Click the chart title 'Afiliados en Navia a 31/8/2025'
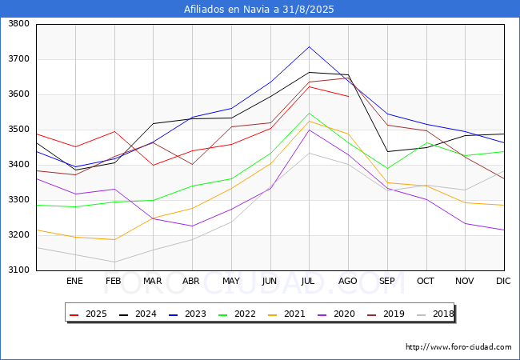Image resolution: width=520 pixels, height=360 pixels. pyautogui.click(x=258, y=10)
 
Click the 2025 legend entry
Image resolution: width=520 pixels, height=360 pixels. pyautogui.click(x=88, y=314)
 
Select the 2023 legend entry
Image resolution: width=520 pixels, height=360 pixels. pyautogui.click(x=187, y=314)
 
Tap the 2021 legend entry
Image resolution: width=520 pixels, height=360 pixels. pyautogui.click(x=286, y=314)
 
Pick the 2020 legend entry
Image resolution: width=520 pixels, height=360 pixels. pyautogui.click(x=336, y=314)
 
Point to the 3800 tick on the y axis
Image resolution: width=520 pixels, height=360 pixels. pyautogui.click(x=19, y=24)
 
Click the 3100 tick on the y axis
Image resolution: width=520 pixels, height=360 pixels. pyautogui.click(x=19, y=270)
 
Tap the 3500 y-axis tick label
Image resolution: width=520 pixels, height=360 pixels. pyautogui.click(x=19, y=130)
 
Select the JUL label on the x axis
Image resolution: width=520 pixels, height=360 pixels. pyautogui.click(x=308, y=281)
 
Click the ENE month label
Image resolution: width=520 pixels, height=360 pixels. pyautogui.click(x=74, y=281)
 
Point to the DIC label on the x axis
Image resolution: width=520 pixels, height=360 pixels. pyautogui.click(x=503, y=281)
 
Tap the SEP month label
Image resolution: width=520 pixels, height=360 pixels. pyautogui.click(x=386, y=281)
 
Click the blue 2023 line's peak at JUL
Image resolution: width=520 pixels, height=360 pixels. pyautogui.click(x=309, y=46)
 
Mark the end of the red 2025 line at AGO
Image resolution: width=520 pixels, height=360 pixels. pyautogui.click(x=348, y=97)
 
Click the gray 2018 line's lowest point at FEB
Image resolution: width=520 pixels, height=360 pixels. pyautogui.click(x=114, y=262)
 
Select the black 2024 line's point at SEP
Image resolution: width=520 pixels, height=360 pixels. pyautogui.click(x=387, y=151)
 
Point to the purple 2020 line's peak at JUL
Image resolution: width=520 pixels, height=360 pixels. pyautogui.click(x=309, y=130)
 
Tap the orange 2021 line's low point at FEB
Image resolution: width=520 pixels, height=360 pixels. pyautogui.click(x=114, y=240)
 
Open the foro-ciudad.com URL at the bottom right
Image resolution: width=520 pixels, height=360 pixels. pyautogui.click(x=458, y=347)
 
